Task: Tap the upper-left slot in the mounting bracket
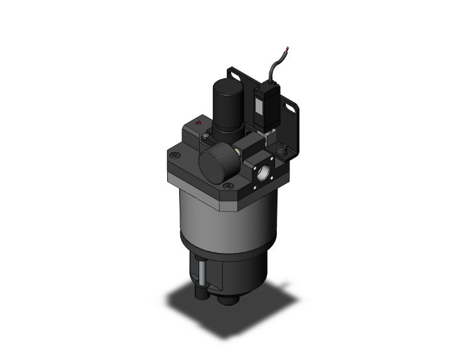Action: pyautogui.click(x=236, y=76)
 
